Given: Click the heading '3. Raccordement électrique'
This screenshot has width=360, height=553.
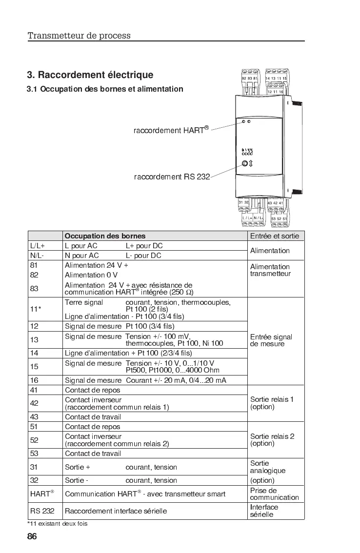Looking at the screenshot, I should point(90,75).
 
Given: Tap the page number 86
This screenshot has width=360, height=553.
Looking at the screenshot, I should point(32,536).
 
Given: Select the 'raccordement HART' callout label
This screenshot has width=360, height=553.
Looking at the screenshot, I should point(171,130).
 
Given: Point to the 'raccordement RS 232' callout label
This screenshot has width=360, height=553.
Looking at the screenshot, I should point(172,177).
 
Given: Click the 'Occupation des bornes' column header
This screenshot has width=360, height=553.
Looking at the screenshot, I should point(105,236).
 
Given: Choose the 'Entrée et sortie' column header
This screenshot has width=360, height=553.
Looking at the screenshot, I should point(275,236).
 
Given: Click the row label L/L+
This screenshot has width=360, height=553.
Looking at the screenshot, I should point(37,246).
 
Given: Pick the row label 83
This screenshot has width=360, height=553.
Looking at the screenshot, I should point(34,289).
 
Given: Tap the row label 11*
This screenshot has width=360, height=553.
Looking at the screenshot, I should point(36,309).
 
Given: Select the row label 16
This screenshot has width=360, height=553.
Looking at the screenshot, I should point(34,380).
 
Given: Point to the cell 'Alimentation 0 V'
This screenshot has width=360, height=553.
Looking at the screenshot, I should point(91,275).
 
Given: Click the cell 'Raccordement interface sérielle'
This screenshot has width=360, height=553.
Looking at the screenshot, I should point(116,511).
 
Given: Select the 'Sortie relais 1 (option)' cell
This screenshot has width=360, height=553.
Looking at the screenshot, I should point(272,403).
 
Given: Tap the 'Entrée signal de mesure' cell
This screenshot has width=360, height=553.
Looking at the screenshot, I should point(271,340).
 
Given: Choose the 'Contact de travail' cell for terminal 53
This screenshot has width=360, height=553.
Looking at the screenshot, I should point(93,454).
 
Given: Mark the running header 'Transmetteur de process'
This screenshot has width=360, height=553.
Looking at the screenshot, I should point(79,36).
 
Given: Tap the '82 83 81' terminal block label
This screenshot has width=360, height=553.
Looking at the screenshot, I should point(249,79).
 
